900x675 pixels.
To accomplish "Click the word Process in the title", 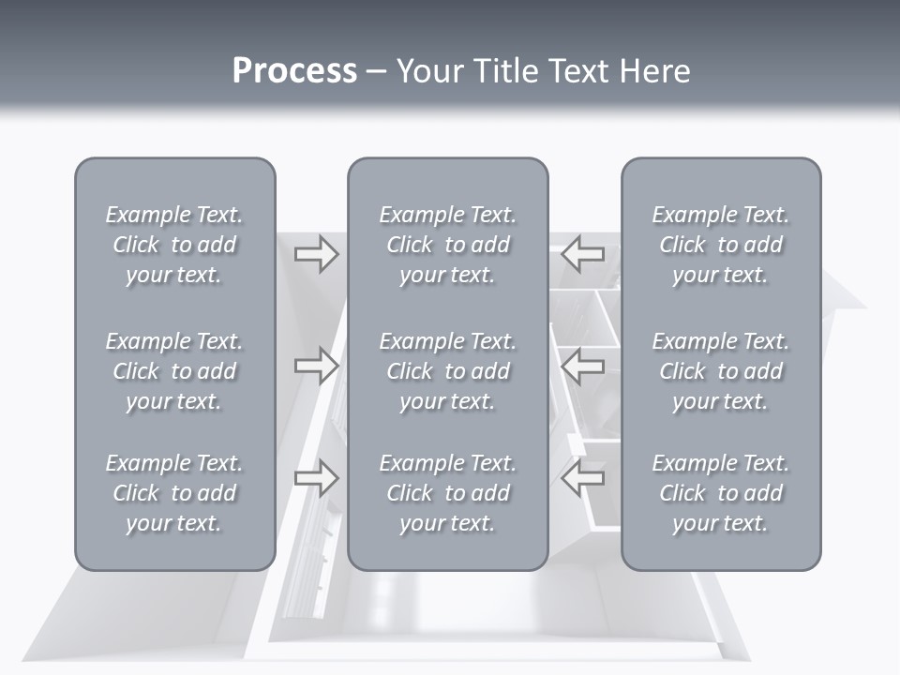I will coord(294,71).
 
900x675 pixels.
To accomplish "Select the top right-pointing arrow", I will coord(316,253).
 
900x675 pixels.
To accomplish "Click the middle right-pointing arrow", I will coord(316,366).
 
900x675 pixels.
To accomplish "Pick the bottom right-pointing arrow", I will coord(316,478).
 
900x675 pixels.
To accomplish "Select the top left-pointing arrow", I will coord(583,253).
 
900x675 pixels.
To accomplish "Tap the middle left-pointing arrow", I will coord(583,366).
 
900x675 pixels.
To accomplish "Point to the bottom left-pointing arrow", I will coord(583,478).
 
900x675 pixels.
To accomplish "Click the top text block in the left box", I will coord(174,245).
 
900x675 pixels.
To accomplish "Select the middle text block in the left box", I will coord(174,371).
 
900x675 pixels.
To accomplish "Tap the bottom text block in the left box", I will coord(174,493).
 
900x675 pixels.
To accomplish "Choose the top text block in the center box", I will coord(447,245).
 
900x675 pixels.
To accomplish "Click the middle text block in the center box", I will coord(447,371).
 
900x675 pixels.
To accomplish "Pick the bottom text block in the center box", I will coord(447,493).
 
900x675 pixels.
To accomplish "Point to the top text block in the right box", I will coord(721,245).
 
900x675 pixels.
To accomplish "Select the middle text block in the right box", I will coord(721,371).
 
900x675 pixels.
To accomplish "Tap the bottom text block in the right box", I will coord(721,493).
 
